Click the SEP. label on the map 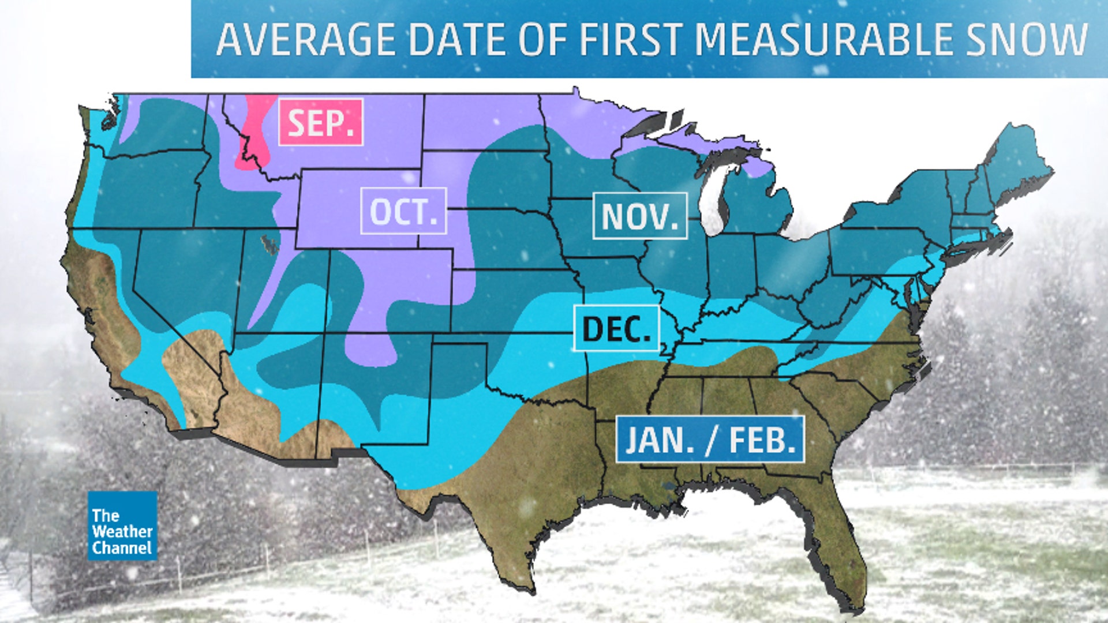[x=321, y=122]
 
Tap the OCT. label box [x=403, y=211]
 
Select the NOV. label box [x=640, y=216]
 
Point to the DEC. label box [x=616, y=328]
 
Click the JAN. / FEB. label [x=710, y=440]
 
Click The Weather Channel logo [x=122, y=526]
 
